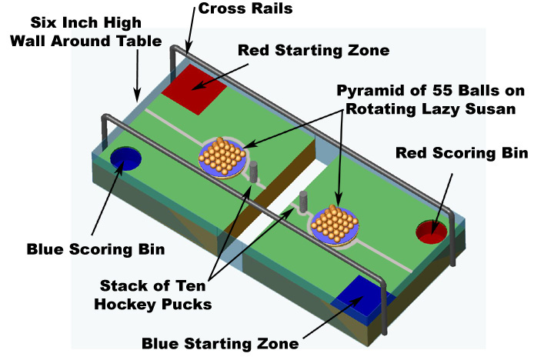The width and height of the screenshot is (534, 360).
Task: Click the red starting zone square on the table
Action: tap(193, 86)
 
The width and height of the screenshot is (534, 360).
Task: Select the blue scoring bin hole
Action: tap(125, 158)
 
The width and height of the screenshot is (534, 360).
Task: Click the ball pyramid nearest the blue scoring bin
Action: tap(222, 154)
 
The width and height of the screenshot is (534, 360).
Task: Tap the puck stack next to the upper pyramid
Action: tap(252, 171)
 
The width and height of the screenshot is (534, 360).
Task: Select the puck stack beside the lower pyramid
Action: tap(302, 201)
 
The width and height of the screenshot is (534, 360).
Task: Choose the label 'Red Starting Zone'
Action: tap(314, 51)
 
